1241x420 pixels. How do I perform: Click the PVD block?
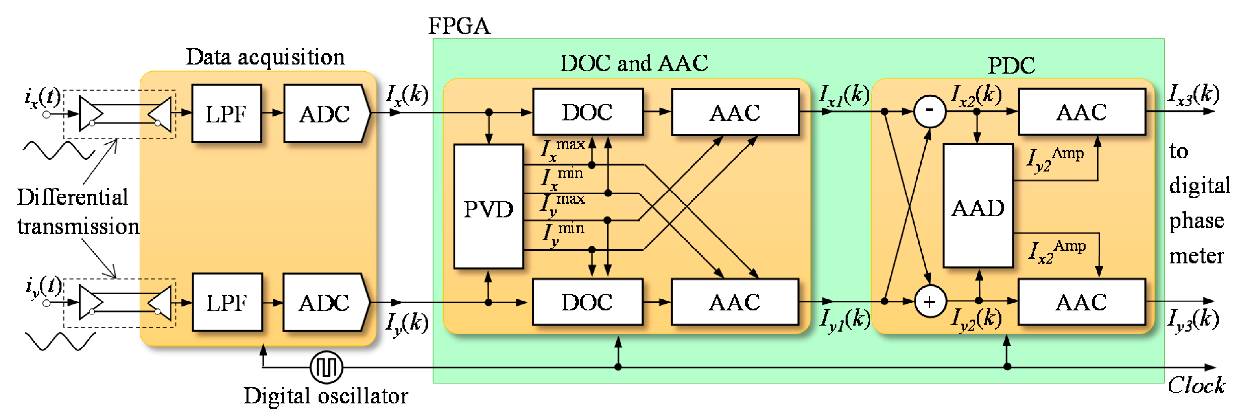[488, 207]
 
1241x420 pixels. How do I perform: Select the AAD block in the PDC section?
[978, 206]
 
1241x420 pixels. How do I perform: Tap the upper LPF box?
[226, 114]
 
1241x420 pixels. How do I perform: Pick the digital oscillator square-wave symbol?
[326, 367]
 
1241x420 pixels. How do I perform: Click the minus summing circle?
[929, 111]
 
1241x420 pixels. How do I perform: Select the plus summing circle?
[929, 302]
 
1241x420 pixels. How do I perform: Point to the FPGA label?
[459, 26]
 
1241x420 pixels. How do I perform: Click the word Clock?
[1195, 385]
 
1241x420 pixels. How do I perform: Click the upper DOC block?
[587, 112]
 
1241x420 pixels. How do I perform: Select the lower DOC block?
[587, 302]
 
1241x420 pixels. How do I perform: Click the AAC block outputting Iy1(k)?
[734, 302]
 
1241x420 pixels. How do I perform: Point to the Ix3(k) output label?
[1193, 94]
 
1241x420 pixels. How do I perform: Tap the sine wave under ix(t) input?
[58, 150]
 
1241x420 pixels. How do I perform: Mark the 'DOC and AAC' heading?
[634, 63]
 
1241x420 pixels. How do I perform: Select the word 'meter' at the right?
[1196, 255]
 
